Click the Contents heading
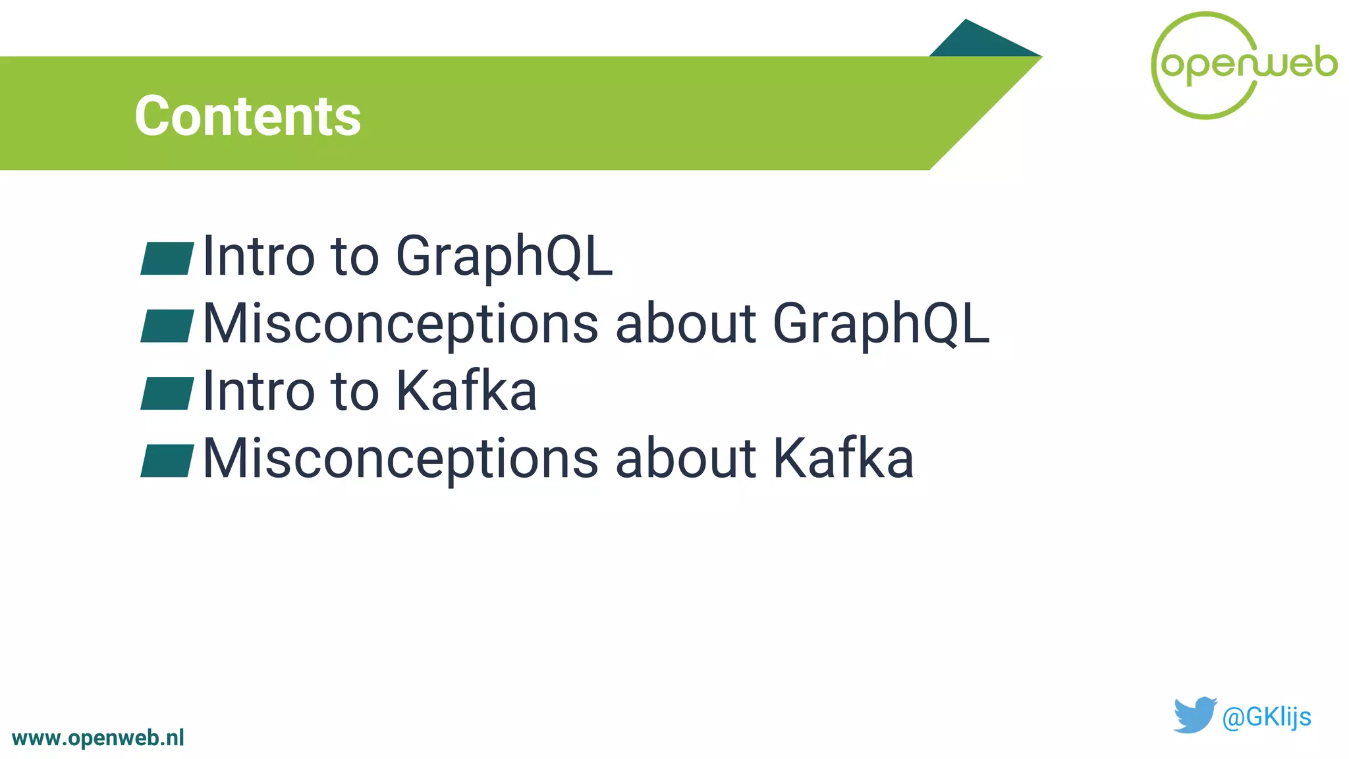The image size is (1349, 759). pos(248,116)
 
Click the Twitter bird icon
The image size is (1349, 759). pos(1194,715)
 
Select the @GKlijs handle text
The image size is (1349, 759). pos(1266,717)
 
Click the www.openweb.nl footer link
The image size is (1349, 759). pos(98,738)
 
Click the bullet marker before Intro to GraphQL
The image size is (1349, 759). pos(167,258)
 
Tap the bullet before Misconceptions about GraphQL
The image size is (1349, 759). pos(167,325)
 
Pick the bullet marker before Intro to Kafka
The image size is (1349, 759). pos(167,393)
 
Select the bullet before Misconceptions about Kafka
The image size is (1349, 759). pos(167,461)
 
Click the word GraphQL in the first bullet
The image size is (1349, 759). pos(504,257)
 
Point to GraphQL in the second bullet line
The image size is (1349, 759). pos(881,324)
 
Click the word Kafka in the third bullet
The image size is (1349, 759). pos(466,391)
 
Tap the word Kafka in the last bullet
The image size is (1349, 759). pos(843,459)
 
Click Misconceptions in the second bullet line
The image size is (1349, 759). pos(400,324)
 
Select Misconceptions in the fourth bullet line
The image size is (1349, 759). pos(400,459)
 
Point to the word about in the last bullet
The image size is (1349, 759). pos(685,459)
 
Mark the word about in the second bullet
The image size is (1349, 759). pos(685,324)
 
